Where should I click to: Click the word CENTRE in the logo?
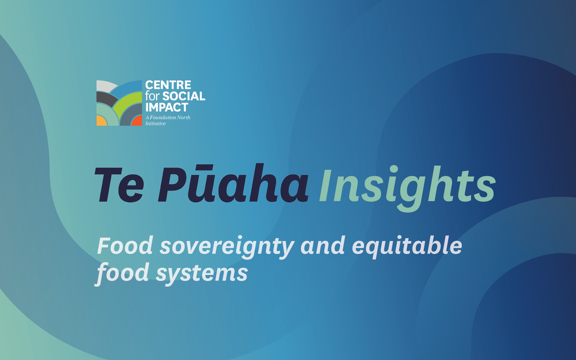coord(168,85)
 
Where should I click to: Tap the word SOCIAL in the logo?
coord(183,96)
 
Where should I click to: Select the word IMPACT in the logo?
coord(167,107)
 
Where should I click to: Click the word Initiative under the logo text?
coord(156,123)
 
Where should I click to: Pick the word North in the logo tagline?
coord(184,118)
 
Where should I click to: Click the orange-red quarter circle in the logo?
coord(138,121)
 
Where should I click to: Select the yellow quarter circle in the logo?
coord(101,121)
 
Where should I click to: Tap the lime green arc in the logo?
coord(127,99)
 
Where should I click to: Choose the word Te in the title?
coord(119,184)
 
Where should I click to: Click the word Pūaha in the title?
coord(233,183)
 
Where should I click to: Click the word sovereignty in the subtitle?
coord(226,247)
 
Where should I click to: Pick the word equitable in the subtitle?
coord(407,246)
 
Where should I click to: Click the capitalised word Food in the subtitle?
coord(125,245)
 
